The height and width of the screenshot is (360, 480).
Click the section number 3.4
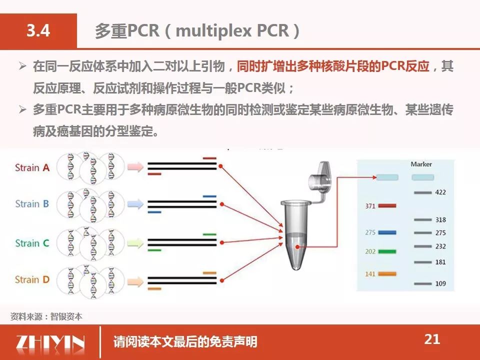[38, 30]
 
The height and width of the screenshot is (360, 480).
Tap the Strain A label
[32, 167]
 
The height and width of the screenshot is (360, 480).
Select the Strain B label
[32, 203]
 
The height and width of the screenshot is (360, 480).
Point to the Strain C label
[32, 243]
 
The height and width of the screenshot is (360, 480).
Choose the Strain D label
[32, 279]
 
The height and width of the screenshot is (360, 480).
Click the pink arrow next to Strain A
[135, 167]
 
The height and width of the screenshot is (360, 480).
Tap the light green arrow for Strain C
[135, 243]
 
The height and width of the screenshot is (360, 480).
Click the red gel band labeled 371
[387, 205]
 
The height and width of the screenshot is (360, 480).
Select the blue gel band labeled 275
[387, 232]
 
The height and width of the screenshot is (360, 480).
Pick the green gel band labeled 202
[387, 251]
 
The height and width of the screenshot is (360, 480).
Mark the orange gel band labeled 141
[387, 273]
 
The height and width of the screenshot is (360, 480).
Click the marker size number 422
[440, 192]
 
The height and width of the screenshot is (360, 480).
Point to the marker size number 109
[440, 283]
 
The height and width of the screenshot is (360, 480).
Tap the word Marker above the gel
[421, 164]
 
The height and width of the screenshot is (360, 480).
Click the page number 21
[432, 339]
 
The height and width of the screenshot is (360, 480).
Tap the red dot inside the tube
[297, 246]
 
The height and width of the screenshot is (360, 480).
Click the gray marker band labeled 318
[423, 220]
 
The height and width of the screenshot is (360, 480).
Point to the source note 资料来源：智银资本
[46, 316]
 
